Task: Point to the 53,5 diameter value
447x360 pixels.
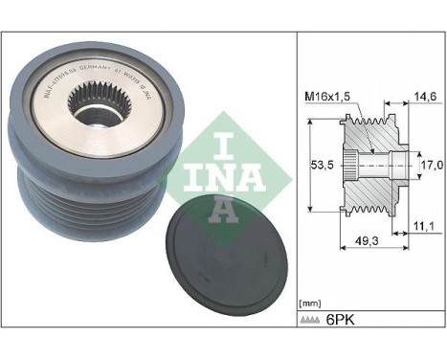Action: (324, 165)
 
